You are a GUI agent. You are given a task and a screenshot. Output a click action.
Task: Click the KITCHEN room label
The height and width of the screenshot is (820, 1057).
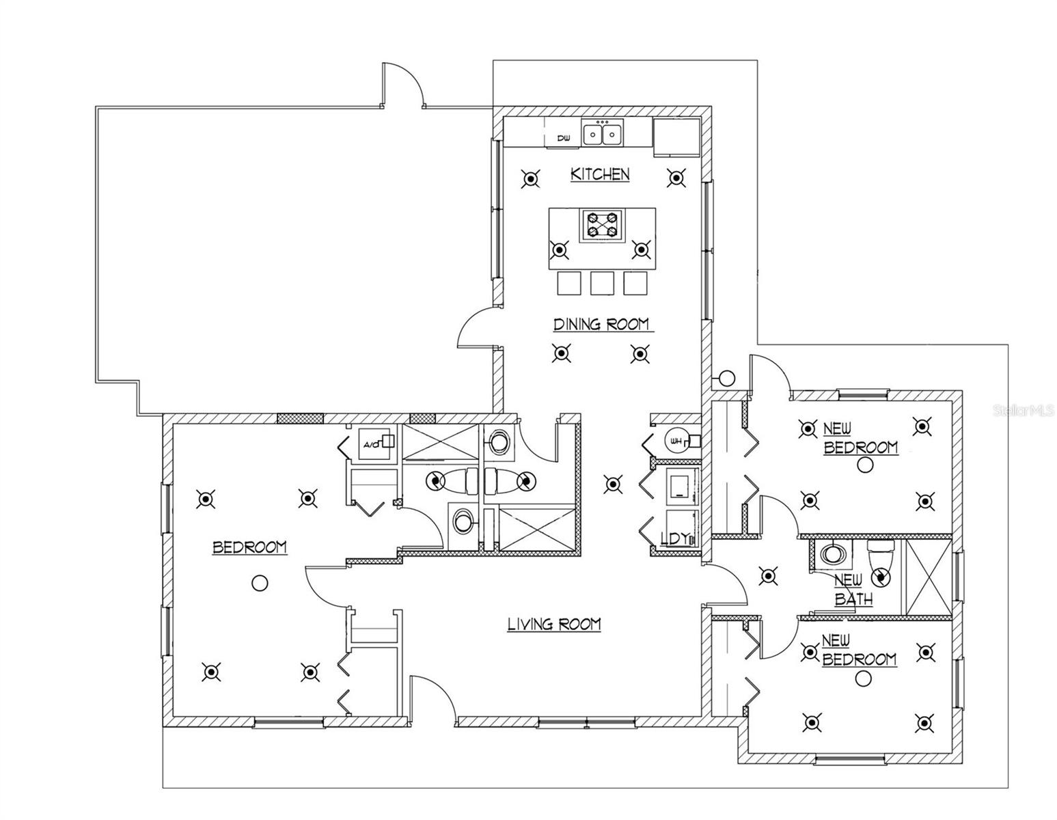(x=600, y=174)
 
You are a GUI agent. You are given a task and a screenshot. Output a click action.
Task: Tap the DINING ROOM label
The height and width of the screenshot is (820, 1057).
(x=601, y=324)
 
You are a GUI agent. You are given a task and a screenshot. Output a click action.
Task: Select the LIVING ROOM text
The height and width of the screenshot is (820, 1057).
(x=554, y=624)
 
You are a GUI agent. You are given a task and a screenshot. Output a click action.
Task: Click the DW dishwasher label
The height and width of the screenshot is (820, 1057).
(x=564, y=139)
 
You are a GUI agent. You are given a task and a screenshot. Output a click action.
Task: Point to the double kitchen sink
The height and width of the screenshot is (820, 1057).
(x=602, y=133)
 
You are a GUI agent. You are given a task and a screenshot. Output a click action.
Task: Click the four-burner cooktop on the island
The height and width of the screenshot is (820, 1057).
(x=602, y=225)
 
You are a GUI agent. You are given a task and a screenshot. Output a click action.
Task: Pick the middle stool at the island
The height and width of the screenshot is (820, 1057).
(x=602, y=283)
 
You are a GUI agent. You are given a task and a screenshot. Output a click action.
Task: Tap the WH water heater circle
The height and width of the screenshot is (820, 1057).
(x=676, y=441)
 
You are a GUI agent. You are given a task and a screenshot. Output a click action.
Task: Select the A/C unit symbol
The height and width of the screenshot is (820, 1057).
(x=374, y=445)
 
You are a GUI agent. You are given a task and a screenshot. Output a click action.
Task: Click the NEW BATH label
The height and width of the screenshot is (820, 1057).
(x=853, y=590)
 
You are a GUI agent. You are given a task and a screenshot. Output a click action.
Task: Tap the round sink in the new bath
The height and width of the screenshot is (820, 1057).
(x=832, y=553)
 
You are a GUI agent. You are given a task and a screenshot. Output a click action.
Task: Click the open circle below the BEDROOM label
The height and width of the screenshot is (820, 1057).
(x=260, y=583)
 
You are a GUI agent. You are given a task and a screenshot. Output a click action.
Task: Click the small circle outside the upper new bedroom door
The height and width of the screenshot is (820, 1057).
(x=727, y=377)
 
